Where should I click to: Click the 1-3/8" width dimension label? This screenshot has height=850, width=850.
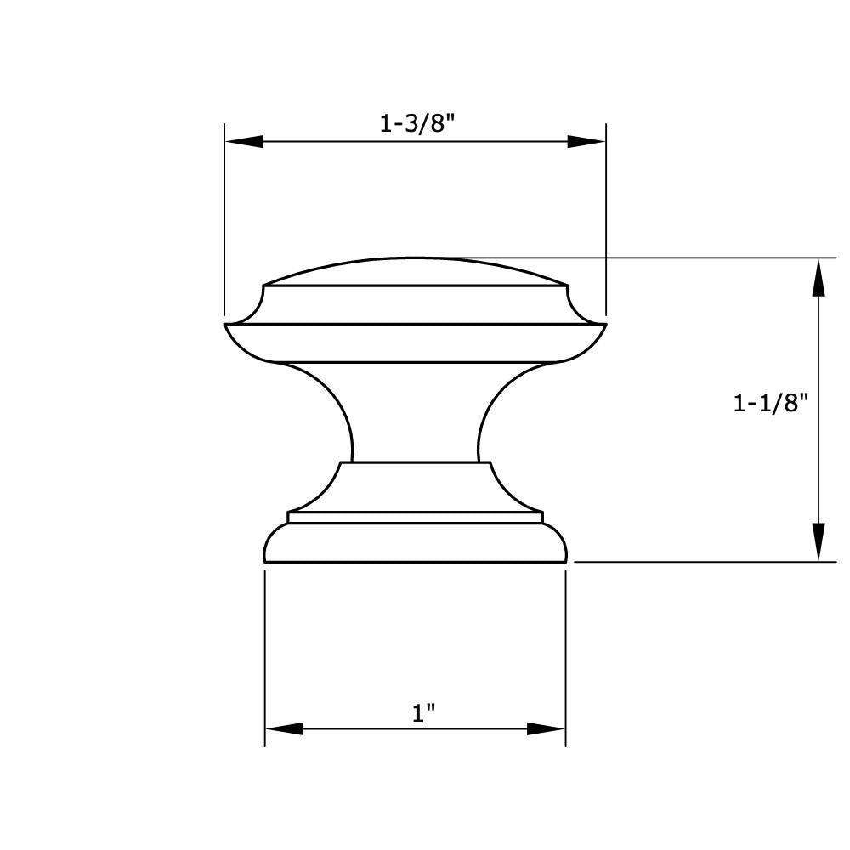click(417, 123)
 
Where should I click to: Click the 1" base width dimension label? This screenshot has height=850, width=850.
click(423, 713)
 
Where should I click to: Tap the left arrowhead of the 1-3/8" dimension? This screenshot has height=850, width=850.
click(243, 142)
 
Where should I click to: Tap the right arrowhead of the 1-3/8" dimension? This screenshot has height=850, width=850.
click(586, 142)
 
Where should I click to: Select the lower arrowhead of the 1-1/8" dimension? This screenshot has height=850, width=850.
click(819, 542)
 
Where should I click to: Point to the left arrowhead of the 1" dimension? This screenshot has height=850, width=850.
click(284, 728)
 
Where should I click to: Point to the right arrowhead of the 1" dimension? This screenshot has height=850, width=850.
click(547, 728)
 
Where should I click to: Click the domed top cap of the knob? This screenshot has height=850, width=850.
click(415, 272)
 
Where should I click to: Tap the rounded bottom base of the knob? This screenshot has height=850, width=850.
click(415, 544)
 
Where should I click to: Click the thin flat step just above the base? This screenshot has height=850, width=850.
click(415, 518)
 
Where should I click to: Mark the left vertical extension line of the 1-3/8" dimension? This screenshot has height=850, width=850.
click(224, 221)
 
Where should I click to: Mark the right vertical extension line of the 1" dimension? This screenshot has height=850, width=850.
click(566, 654)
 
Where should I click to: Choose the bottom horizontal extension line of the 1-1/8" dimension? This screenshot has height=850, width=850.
click(705, 562)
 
